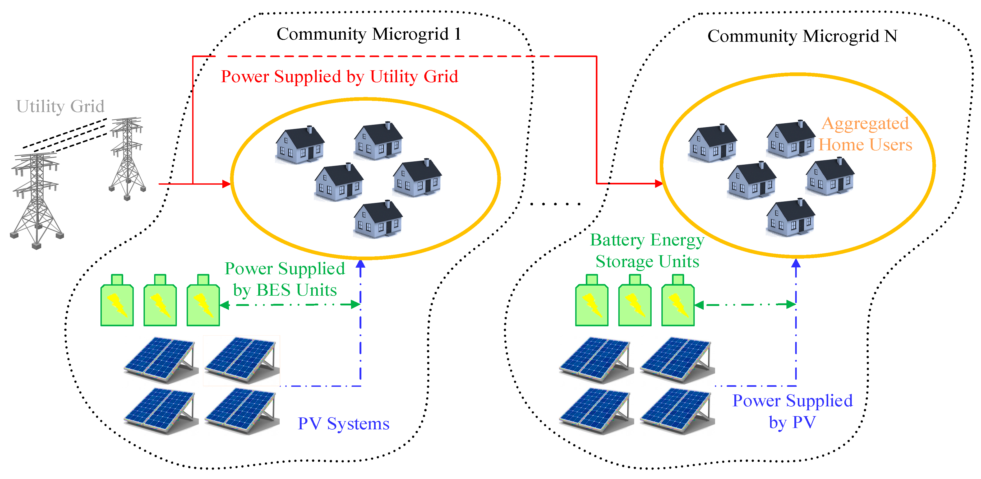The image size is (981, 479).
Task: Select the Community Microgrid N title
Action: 802,36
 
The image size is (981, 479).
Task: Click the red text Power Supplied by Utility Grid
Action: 339,77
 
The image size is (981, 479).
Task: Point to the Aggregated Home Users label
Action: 865,134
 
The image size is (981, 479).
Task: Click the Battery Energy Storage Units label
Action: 647,250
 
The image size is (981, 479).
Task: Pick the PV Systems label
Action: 343,424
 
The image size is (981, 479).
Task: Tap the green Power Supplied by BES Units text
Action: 285,279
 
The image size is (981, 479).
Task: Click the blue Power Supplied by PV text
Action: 793,411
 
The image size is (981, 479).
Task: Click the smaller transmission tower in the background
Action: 127,158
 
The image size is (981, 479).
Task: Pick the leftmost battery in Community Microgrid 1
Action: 117,301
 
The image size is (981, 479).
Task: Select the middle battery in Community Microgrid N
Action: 634,301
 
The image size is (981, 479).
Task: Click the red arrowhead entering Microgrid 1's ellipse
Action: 226,184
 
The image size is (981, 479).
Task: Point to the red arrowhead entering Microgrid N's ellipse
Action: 658,184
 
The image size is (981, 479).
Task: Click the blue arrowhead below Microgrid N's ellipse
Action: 796,263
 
